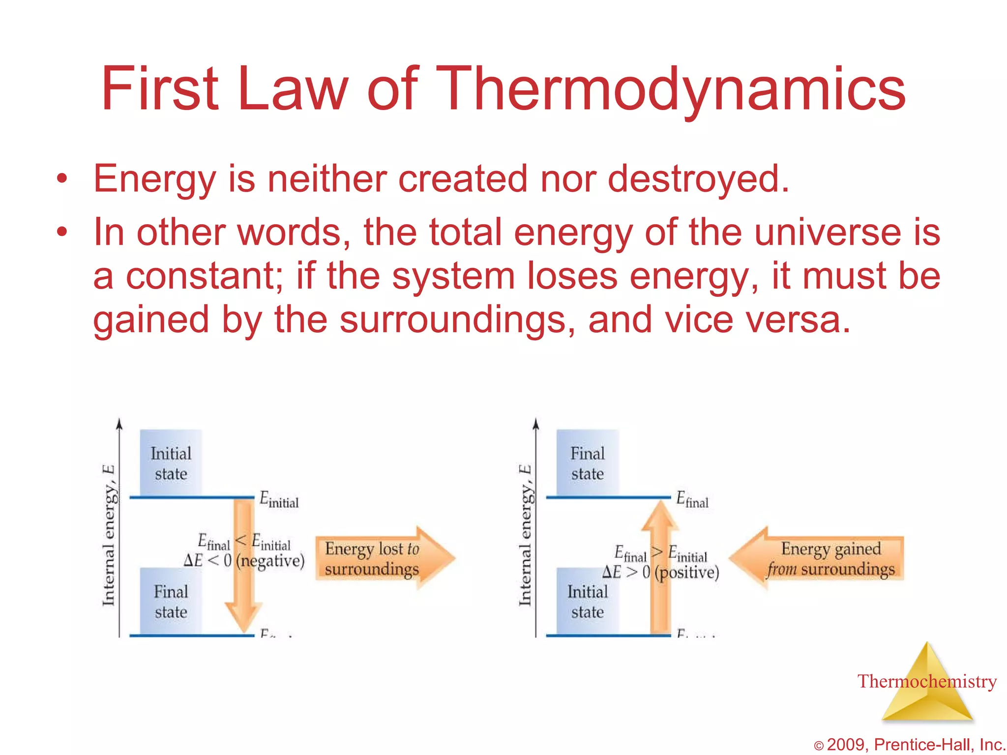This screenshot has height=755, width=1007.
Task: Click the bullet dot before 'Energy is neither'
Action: tap(61, 179)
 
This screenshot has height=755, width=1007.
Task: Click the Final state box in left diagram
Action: tap(171, 601)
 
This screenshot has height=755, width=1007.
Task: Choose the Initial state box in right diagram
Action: tap(587, 601)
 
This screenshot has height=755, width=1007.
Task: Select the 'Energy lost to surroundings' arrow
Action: tap(384, 558)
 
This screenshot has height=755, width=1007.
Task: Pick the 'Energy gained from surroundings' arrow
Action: tap(819, 558)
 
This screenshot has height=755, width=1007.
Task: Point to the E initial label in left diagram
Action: tap(278, 500)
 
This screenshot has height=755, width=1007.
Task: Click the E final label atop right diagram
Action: tap(692, 500)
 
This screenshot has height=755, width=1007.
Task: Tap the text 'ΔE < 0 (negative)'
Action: tap(244, 561)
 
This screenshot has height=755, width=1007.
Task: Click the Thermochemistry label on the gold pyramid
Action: tap(926, 682)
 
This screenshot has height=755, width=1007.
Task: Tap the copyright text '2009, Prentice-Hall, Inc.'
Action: tap(915, 745)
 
